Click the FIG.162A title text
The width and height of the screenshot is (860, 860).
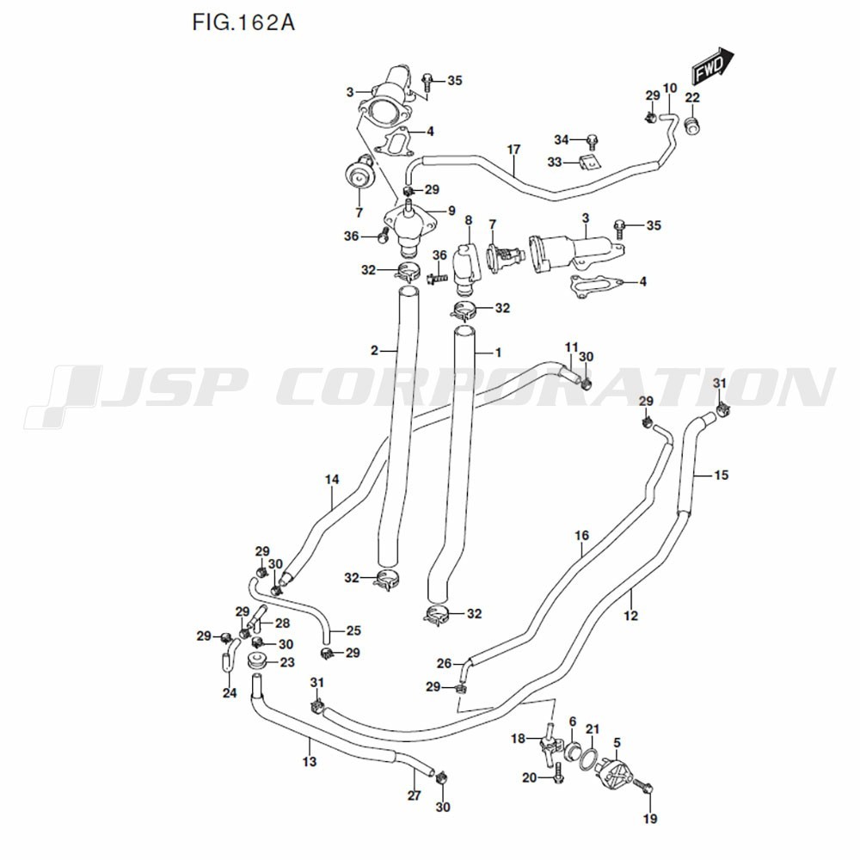pos(243,22)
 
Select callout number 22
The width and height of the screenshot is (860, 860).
pos(692,97)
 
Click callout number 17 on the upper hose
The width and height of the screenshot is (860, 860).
pos(513,150)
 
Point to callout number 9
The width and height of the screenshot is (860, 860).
pos(451,210)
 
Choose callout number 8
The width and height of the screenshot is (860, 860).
pos(469,221)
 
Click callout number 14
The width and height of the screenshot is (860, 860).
pos(332,479)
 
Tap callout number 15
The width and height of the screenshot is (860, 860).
pos(721,474)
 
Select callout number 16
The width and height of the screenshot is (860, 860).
pos(582,536)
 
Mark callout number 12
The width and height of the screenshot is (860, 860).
pos(631,616)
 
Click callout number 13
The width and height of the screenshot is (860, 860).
pos(310,761)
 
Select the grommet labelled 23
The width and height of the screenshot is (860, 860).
pos(255,662)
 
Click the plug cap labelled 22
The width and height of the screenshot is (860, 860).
pos(692,128)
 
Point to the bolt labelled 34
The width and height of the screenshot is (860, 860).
pos(593,139)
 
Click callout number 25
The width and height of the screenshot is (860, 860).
pos(353,630)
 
